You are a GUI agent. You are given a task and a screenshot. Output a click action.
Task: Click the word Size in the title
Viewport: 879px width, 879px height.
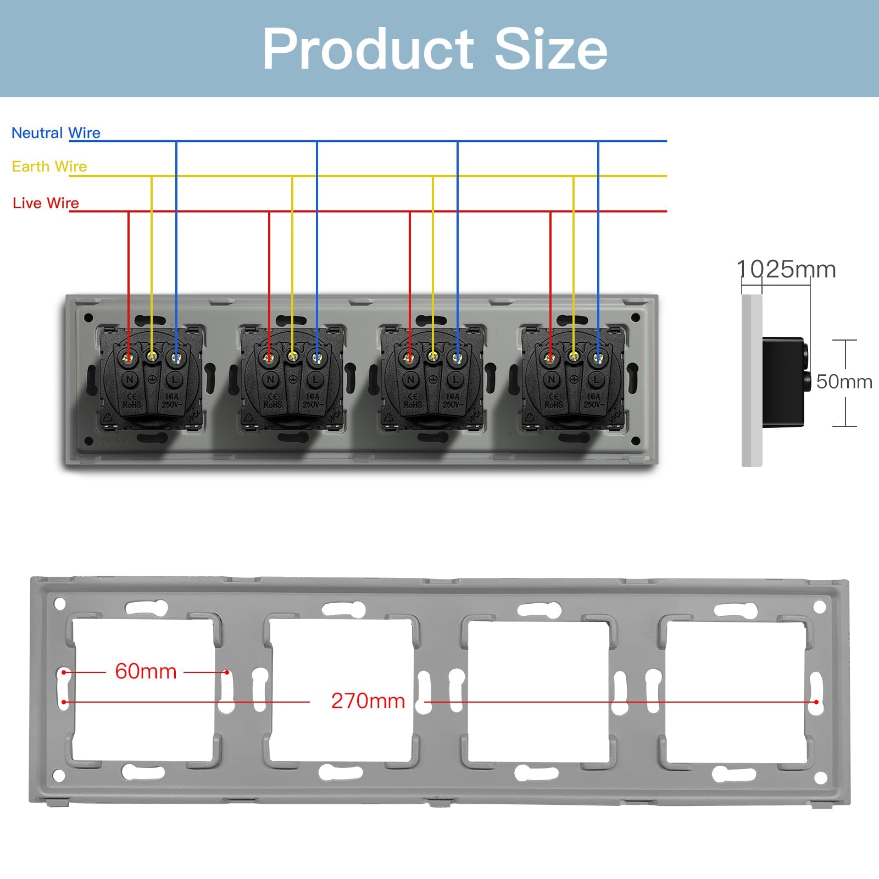click(551, 49)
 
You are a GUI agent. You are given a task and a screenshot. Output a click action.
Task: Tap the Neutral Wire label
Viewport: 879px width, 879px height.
click(56, 133)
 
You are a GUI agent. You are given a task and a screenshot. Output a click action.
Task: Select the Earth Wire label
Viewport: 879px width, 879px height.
click(49, 166)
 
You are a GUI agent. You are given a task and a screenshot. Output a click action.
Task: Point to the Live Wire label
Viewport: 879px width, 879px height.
click(46, 203)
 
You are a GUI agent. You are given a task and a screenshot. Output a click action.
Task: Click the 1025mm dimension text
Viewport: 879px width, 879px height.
click(786, 270)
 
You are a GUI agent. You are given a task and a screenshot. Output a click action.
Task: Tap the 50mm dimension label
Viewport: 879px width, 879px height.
click(844, 382)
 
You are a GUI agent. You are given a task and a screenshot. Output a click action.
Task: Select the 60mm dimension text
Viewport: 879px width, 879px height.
click(146, 671)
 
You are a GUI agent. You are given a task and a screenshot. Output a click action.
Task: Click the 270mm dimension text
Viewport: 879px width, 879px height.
click(368, 701)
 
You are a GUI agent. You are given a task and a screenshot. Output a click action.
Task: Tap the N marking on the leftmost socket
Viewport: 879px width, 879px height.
click(130, 379)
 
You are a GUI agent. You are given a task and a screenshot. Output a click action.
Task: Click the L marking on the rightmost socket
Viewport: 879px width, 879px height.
click(597, 379)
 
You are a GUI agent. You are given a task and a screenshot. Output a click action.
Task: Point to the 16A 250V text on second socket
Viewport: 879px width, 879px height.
click(312, 400)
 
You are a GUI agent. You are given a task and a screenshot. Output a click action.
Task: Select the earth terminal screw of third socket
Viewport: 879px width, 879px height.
click(433, 358)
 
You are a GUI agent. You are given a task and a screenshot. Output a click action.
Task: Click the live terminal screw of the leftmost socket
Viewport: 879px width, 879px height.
click(129, 359)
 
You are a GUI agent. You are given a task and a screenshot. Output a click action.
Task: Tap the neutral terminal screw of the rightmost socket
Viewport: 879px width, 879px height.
click(598, 359)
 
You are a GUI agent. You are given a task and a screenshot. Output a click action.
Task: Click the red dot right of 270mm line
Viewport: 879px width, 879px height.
click(816, 702)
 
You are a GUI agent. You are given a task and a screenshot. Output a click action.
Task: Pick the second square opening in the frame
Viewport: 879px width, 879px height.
click(341, 691)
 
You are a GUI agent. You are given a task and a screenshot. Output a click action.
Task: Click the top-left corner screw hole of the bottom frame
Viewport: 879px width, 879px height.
click(60, 604)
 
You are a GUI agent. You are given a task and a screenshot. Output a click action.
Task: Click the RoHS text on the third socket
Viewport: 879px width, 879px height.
click(413, 405)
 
